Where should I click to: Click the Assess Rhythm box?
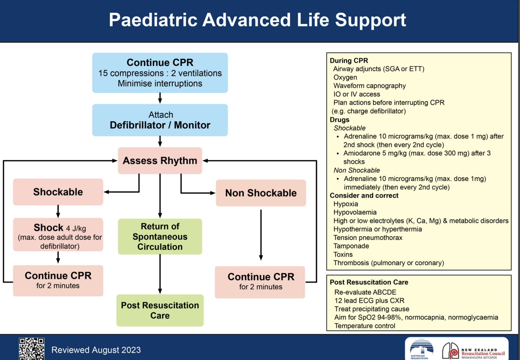[x=160, y=160]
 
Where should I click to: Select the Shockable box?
[x=58, y=192]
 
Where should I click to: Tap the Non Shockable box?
[x=261, y=193]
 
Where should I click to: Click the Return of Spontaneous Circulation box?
[x=160, y=236]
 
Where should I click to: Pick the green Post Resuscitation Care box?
[x=160, y=310]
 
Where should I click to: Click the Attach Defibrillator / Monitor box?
[x=160, y=120]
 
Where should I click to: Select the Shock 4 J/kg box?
[x=58, y=234]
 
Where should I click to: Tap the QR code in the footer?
[x=32, y=349]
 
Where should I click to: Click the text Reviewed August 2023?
[x=96, y=350]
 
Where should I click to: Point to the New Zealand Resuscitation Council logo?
[x=474, y=351]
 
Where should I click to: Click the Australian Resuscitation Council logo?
[x=421, y=349]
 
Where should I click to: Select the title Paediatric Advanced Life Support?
[x=257, y=20]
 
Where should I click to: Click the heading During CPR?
[x=349, y=60]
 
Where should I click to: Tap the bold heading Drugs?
[x=340, y=120]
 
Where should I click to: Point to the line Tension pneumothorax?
[x=368, y=238]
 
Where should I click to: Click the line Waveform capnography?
[x=370, y=86]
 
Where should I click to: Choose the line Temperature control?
[x=365, y=326]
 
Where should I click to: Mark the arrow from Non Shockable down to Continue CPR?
[x=261, y=235]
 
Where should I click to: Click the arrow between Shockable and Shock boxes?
[x=58, y=211]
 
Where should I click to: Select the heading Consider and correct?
[x=364, y=195]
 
